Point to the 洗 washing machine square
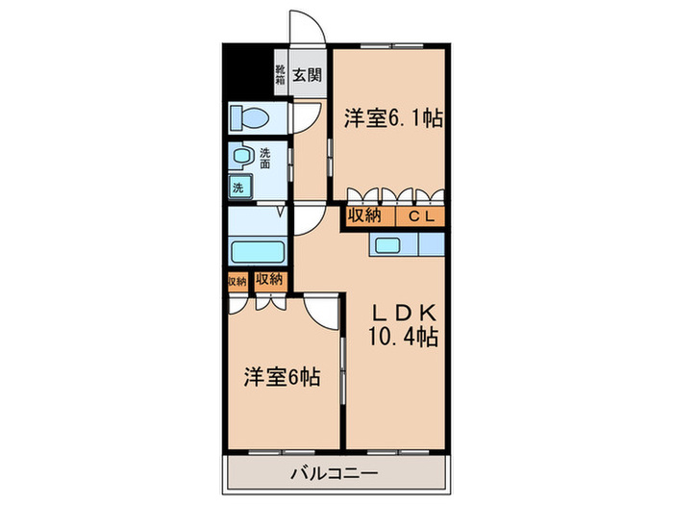237,189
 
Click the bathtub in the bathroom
258,253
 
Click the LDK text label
405,314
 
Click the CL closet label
422,216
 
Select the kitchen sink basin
389,245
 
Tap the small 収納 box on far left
237,281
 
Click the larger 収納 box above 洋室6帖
270,280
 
